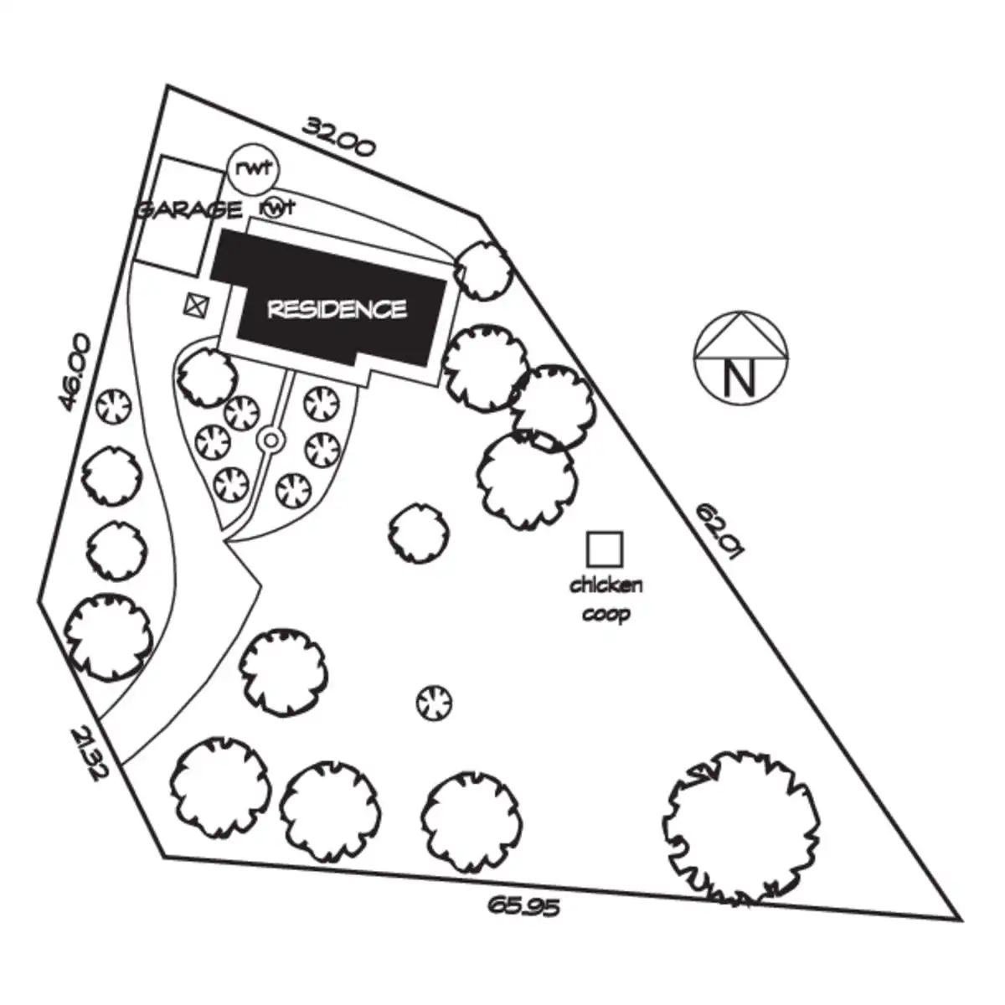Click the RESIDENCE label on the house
coord(337,309)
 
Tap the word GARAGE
coord(188,210)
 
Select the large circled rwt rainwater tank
coord(254,168)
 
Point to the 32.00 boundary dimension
coord(339,137)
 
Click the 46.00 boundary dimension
coord(75,374)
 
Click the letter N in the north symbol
coord(740,379)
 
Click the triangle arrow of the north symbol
coord(740,335)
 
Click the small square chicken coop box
coord(605,549)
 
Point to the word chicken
coord(606,585)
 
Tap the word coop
coord(606,615)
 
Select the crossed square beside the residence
coord(197,305)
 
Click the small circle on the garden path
coord(271,441)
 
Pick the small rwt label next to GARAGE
coord(277,209)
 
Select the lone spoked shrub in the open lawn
coord(435,703)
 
